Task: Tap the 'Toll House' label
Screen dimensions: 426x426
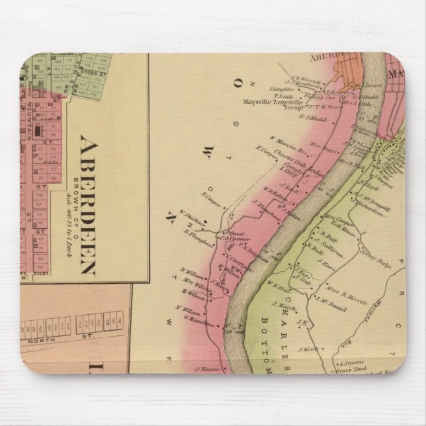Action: tap(338, 224)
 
